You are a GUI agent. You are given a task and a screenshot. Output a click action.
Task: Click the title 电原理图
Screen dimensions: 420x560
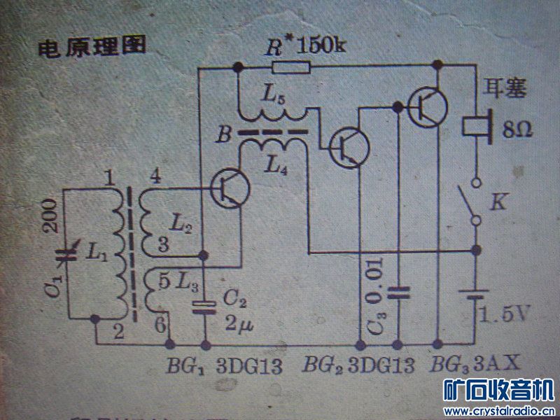point(91,48)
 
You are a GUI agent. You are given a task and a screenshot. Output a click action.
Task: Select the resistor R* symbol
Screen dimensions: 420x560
point(290,67)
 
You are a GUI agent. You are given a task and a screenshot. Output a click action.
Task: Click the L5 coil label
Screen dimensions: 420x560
point(274,97)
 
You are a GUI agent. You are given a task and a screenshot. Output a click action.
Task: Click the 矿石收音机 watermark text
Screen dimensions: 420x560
point(499,390)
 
